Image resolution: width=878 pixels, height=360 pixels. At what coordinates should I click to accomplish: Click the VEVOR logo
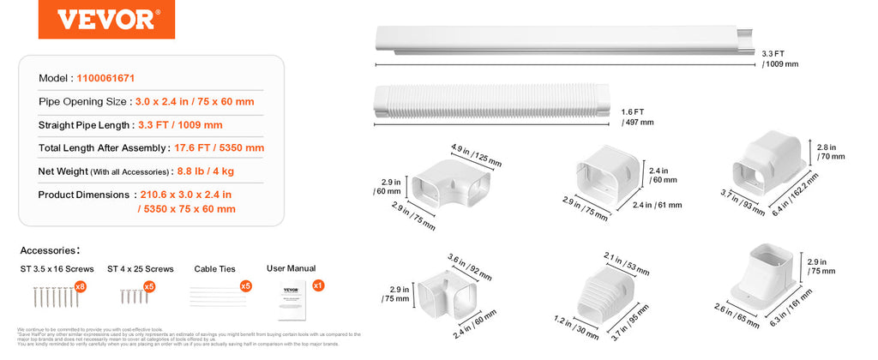tap(94, 20)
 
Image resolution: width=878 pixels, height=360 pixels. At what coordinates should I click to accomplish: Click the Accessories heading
tap(50, 250)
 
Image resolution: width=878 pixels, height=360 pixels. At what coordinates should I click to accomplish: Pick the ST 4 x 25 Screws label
tap(141, 269)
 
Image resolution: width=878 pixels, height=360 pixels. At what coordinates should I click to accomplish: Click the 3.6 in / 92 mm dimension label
tap(470, 267)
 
